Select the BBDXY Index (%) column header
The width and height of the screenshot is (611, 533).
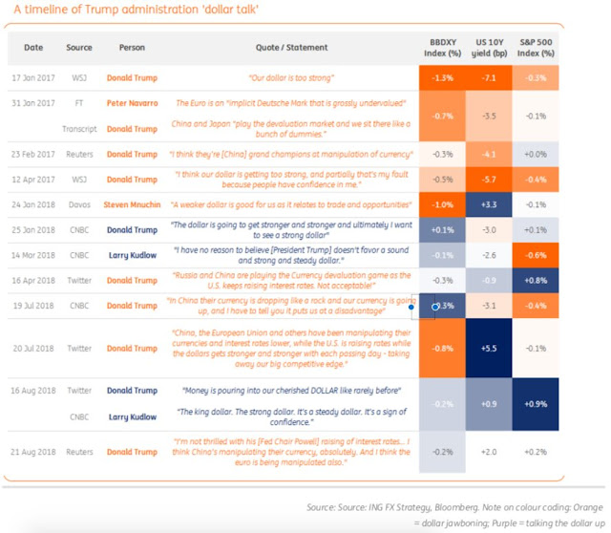tap(442, 47)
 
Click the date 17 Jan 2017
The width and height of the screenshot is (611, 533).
tap(33, 76)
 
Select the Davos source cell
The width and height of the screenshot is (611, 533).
tap(79, 204)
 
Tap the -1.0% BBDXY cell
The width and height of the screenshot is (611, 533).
tap(442, 204)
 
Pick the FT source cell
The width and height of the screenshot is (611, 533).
tap(79, 102)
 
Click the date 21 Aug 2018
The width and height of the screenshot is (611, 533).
tap(33, 451)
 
